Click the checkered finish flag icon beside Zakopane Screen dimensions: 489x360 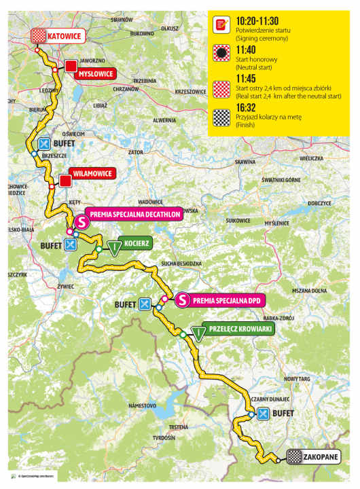(295, 456)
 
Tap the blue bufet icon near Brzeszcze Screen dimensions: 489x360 (45, 144)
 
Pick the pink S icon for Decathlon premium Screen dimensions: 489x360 (81, 221)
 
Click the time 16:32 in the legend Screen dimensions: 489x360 (248, 107)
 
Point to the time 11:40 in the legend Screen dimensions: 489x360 (248, 50)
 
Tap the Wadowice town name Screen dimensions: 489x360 (150, 202)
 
